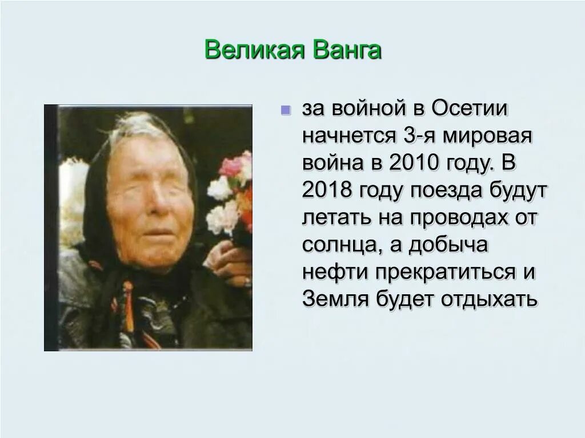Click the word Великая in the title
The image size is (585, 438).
tap(254, 50)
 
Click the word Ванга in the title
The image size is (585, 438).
tap(347, 50)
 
